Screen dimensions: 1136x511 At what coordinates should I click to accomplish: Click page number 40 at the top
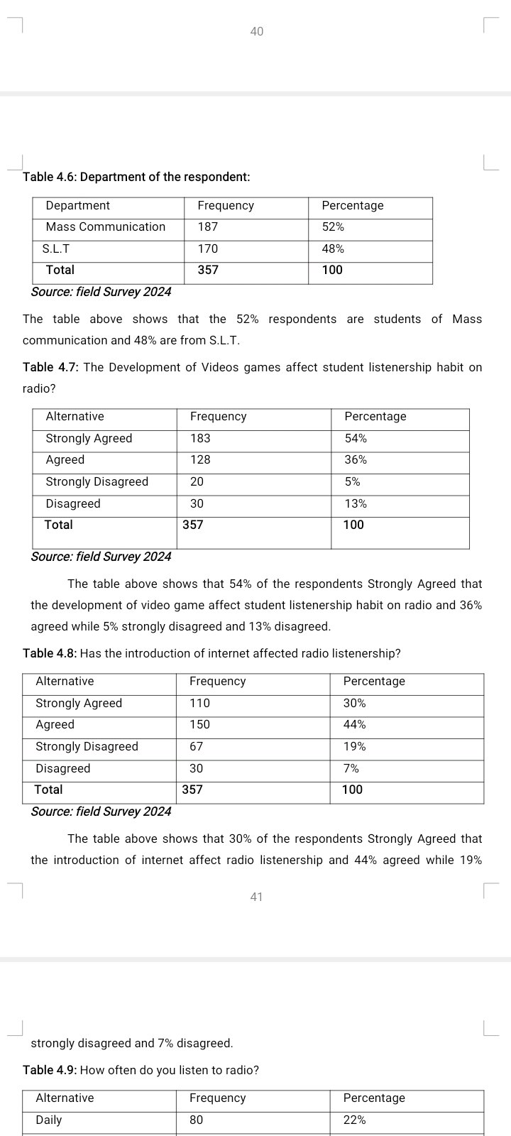[x=256, y=31]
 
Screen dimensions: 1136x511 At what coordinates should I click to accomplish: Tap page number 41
[x=256, y=897]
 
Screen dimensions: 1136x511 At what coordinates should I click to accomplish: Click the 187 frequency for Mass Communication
[x=208, y=227]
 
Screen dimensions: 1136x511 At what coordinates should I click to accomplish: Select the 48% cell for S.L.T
[x=333, y=249]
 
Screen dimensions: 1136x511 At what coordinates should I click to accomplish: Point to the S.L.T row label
[x=56, y=249]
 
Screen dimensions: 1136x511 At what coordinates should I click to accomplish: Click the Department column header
[x=77, y=206]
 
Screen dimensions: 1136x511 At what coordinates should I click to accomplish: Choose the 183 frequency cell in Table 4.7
[x=200, y=439]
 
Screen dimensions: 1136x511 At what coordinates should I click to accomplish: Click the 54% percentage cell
[x=356, y=439]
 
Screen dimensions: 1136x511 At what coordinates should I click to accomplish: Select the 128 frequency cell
[x=200, y=460]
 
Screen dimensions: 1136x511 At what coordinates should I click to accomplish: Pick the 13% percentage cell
[x=356, y=504]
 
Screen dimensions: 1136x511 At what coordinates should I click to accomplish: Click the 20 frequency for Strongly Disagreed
[x=197, y=482]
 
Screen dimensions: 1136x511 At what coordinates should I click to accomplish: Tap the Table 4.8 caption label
[x=50, y=653]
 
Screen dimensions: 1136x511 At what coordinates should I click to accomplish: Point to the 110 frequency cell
[x=199, y=704]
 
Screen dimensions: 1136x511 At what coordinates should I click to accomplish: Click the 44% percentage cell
[x=354, y=725]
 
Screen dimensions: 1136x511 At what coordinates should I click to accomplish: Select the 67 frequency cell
[x=196, y=747]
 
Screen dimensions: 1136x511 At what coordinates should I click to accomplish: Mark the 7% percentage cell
[x=351, y=769]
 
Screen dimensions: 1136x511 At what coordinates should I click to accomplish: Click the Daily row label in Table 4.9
[x=48, y=1120]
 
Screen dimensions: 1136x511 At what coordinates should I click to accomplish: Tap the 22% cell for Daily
[x=354, y=1120]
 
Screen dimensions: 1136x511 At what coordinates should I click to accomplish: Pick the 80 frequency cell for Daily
[x=196, y=1120]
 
